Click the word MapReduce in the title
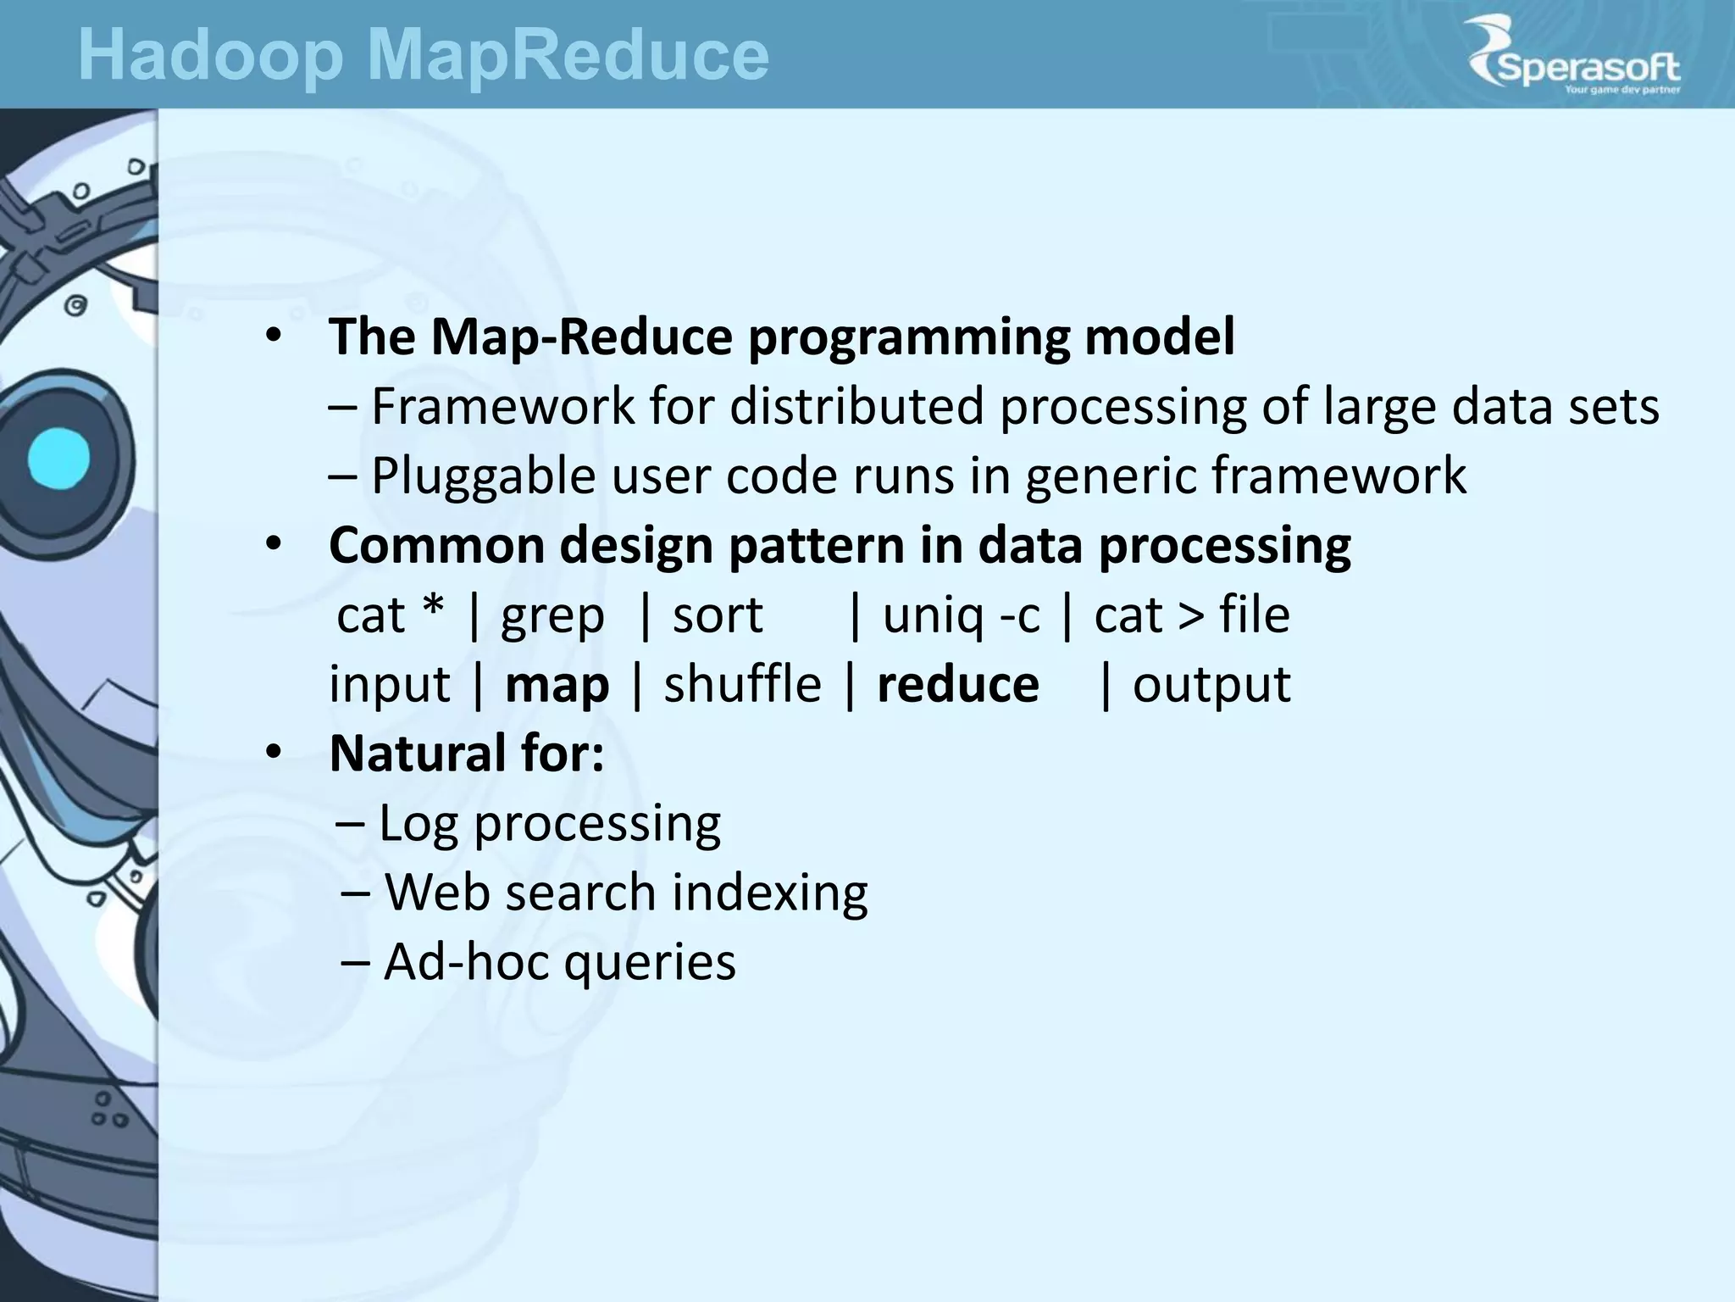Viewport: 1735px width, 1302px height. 568,56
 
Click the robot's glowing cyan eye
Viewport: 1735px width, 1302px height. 58,459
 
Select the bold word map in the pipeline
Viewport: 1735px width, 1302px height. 557,685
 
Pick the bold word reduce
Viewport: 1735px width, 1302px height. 957,685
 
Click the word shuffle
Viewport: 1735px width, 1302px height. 742,685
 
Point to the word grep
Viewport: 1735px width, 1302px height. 552,616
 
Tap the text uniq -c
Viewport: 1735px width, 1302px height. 961,616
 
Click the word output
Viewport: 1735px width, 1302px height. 1211,685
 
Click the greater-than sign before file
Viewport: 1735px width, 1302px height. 1190,616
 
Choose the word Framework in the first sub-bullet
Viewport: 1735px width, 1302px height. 503,407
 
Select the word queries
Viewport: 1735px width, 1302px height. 650,964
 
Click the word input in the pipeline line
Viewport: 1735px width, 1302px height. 389,685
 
